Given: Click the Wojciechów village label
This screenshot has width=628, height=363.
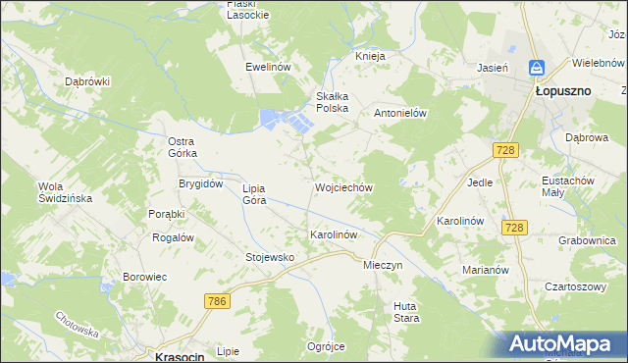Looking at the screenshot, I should tap(343, 186).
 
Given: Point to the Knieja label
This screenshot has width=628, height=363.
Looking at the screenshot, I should tap(370, 56).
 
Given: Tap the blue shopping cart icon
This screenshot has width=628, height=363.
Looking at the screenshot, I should tap(537, 68).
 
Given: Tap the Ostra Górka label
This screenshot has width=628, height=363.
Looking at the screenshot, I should tap(183, 147).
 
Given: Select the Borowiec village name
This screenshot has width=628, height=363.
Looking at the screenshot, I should tap(145, 277).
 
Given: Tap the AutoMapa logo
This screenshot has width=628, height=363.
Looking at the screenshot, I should tap(563, 344).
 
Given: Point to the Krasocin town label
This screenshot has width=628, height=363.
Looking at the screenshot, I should tap(180, 357).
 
